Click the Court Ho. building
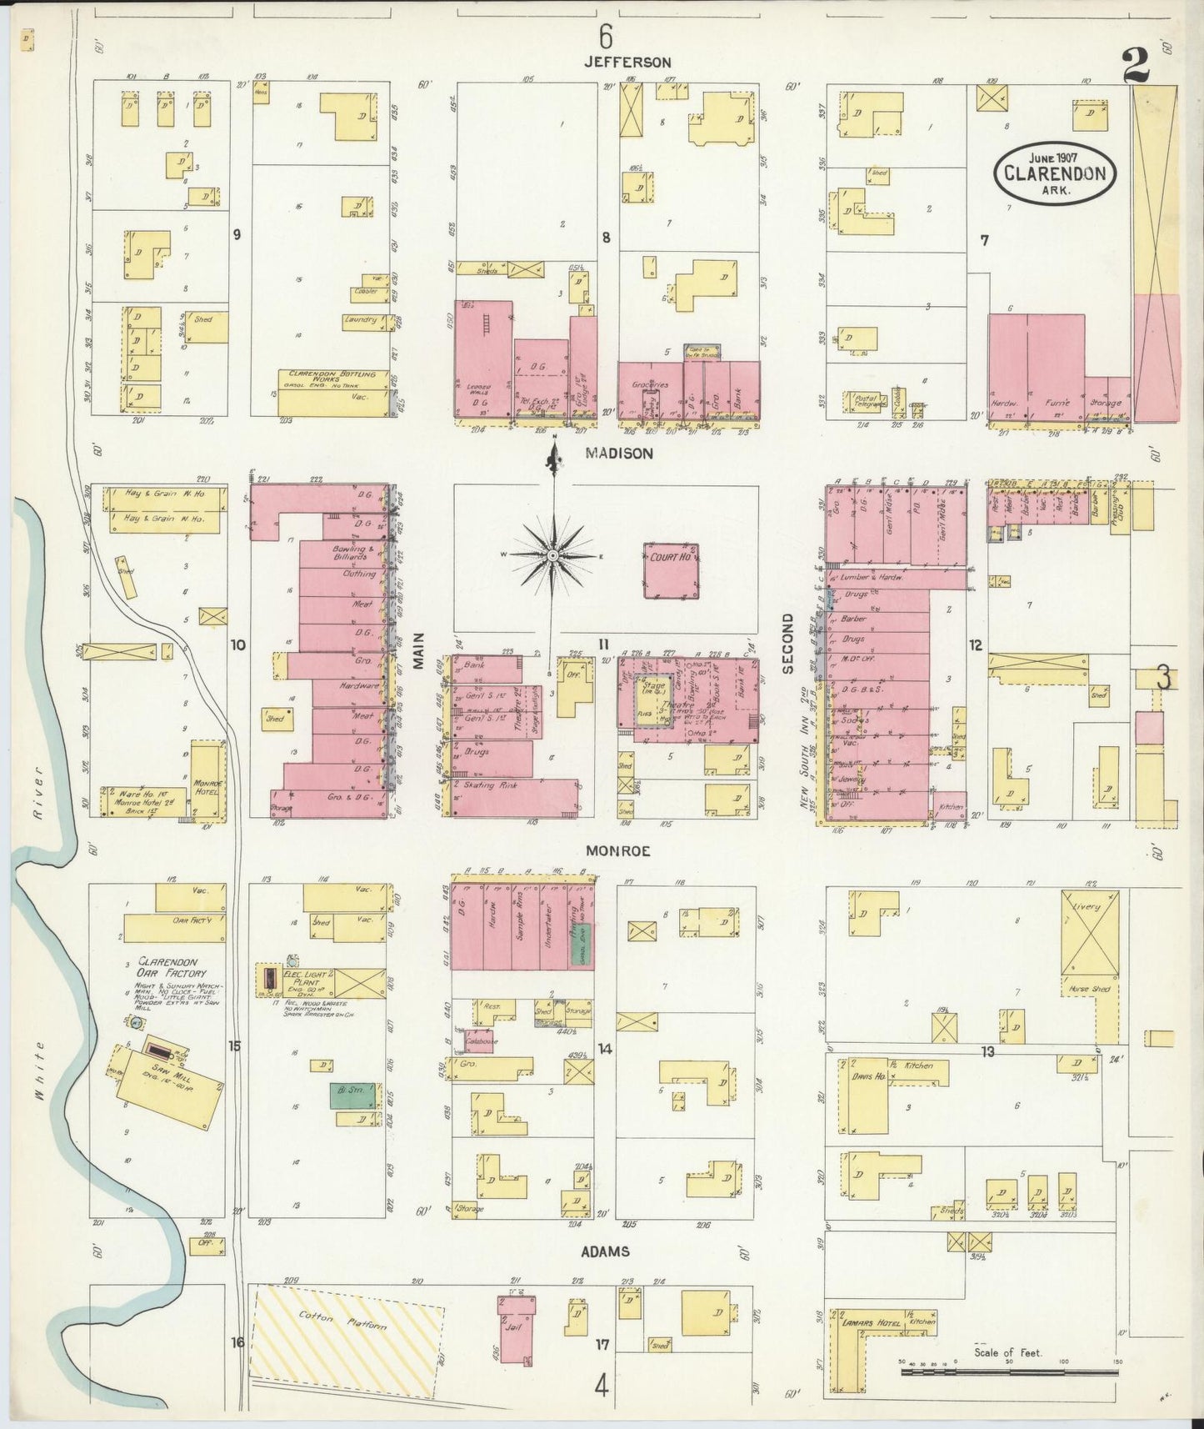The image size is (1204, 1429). point(670,570)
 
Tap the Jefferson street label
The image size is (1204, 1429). point(627,63)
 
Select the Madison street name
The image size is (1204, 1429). point(619,454)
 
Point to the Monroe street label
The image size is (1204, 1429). point(617,851)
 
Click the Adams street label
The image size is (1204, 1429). point(606,1251)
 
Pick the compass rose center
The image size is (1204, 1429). point(553,554)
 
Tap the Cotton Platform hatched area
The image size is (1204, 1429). point(346,1331)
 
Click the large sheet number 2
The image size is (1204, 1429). point(1136,67)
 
